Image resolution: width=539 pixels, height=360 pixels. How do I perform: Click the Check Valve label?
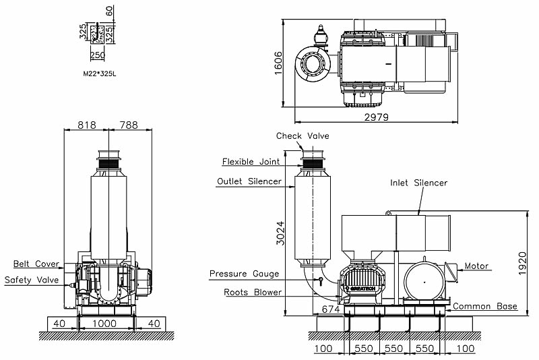tap(303, 136)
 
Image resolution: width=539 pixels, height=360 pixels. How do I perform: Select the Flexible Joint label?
tap(251, 162)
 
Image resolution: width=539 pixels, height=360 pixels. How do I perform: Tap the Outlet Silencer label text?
tap(249, 181)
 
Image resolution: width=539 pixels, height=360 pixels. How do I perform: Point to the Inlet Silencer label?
tap(418, 183)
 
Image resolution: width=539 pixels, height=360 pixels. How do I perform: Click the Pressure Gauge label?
tap(245, 274)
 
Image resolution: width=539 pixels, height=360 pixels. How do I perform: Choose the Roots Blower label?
tap(253, 293)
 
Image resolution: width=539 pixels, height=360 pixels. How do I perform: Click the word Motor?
tap(476, 266)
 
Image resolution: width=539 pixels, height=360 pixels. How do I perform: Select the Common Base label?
tap(485, 306)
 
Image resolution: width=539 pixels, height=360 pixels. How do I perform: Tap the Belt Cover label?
tap(36, 264)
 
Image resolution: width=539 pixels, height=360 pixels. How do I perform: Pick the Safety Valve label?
tap(32, 280)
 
